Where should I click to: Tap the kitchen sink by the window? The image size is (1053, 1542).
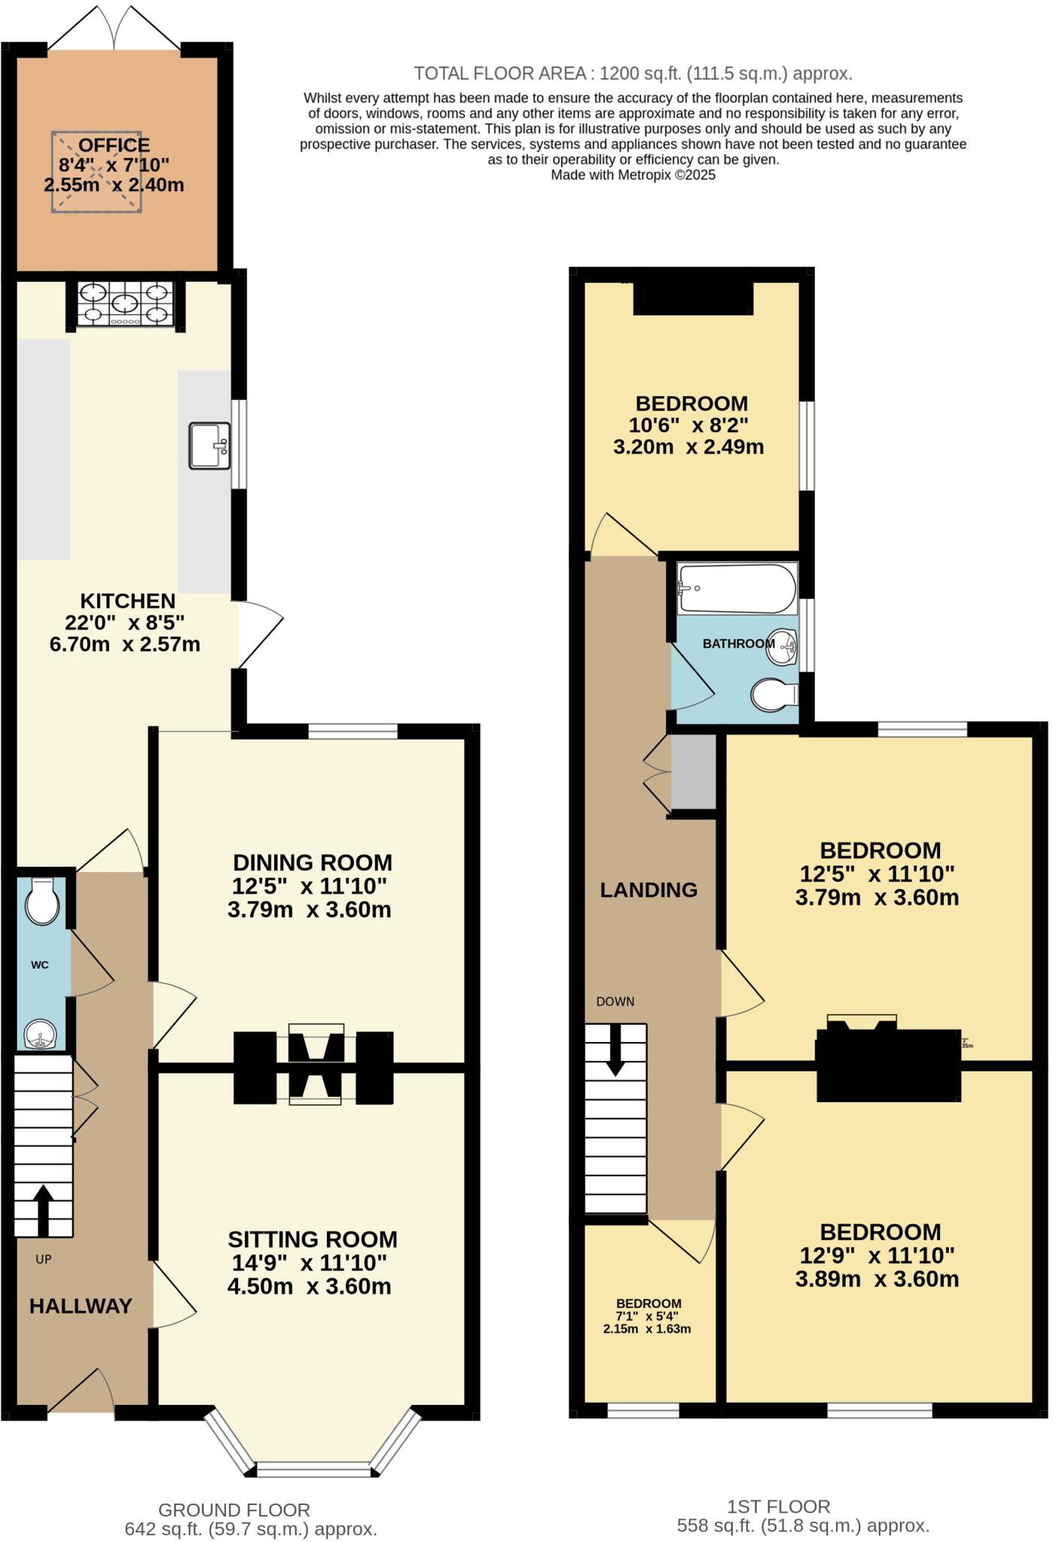[209, 446]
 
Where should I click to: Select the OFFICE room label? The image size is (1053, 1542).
[114, 145]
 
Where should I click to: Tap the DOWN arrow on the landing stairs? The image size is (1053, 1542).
[615, 1049]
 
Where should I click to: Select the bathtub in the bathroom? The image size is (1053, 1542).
[737, 589]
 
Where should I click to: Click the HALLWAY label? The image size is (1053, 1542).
[81, 1306]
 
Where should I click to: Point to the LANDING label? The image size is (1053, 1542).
[649, 890]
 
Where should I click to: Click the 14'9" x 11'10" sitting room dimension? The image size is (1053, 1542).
[309, 1263]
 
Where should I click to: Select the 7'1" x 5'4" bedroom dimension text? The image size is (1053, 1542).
[647, 1316]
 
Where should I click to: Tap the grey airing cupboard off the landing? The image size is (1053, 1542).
[693, 771]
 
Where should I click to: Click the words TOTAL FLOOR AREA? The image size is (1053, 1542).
[500, 74]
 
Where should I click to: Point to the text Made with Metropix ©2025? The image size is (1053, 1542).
[633, 175]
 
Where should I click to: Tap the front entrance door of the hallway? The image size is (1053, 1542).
[81, 1394]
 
